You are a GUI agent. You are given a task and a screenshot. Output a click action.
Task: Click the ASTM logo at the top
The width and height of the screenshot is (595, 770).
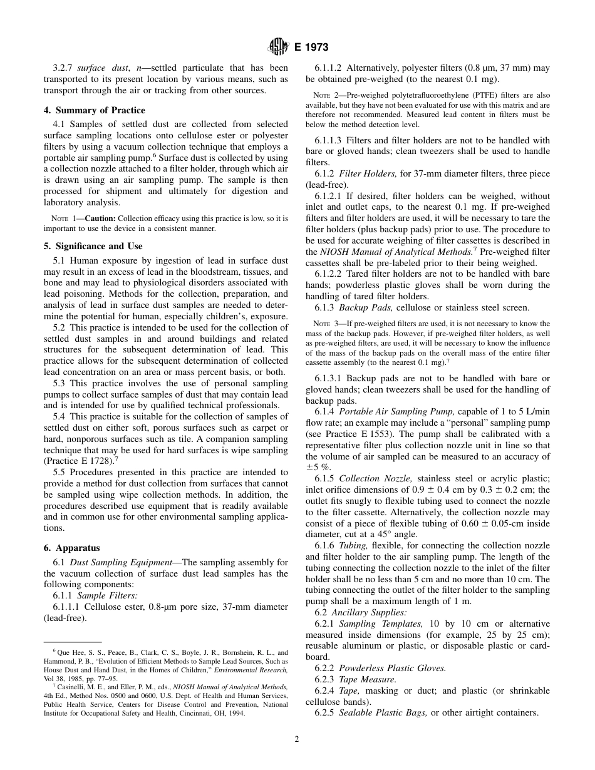click(x=277, y=46)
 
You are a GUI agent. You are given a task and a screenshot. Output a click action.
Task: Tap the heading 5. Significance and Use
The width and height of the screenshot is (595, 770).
click(x=93, y=246)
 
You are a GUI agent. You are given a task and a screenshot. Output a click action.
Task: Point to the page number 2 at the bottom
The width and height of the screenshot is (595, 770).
click(x=297, y=739)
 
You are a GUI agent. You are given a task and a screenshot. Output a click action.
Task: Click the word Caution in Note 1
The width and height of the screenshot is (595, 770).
click(x=100, y=218)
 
